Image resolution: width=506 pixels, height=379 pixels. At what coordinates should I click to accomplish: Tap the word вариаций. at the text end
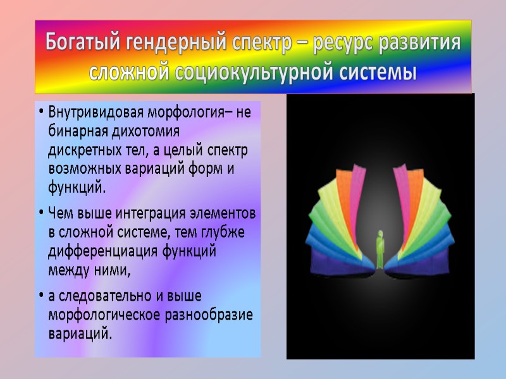(x=80, y=333)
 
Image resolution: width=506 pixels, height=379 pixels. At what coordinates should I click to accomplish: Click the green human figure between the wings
(x=380, y=249)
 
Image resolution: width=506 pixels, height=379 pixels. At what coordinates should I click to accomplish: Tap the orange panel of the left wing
(x=345, y=196)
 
